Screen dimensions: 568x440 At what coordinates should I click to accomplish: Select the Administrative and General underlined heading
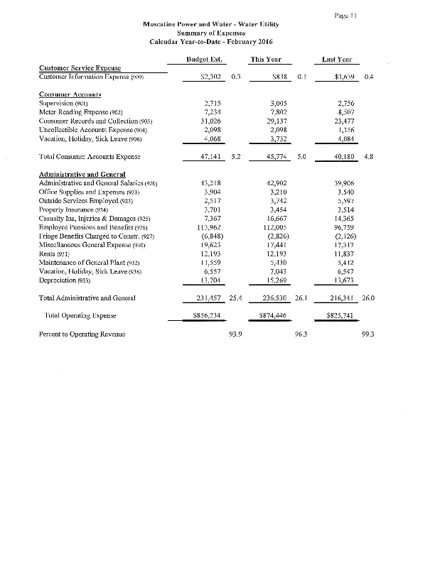point(84,175)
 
